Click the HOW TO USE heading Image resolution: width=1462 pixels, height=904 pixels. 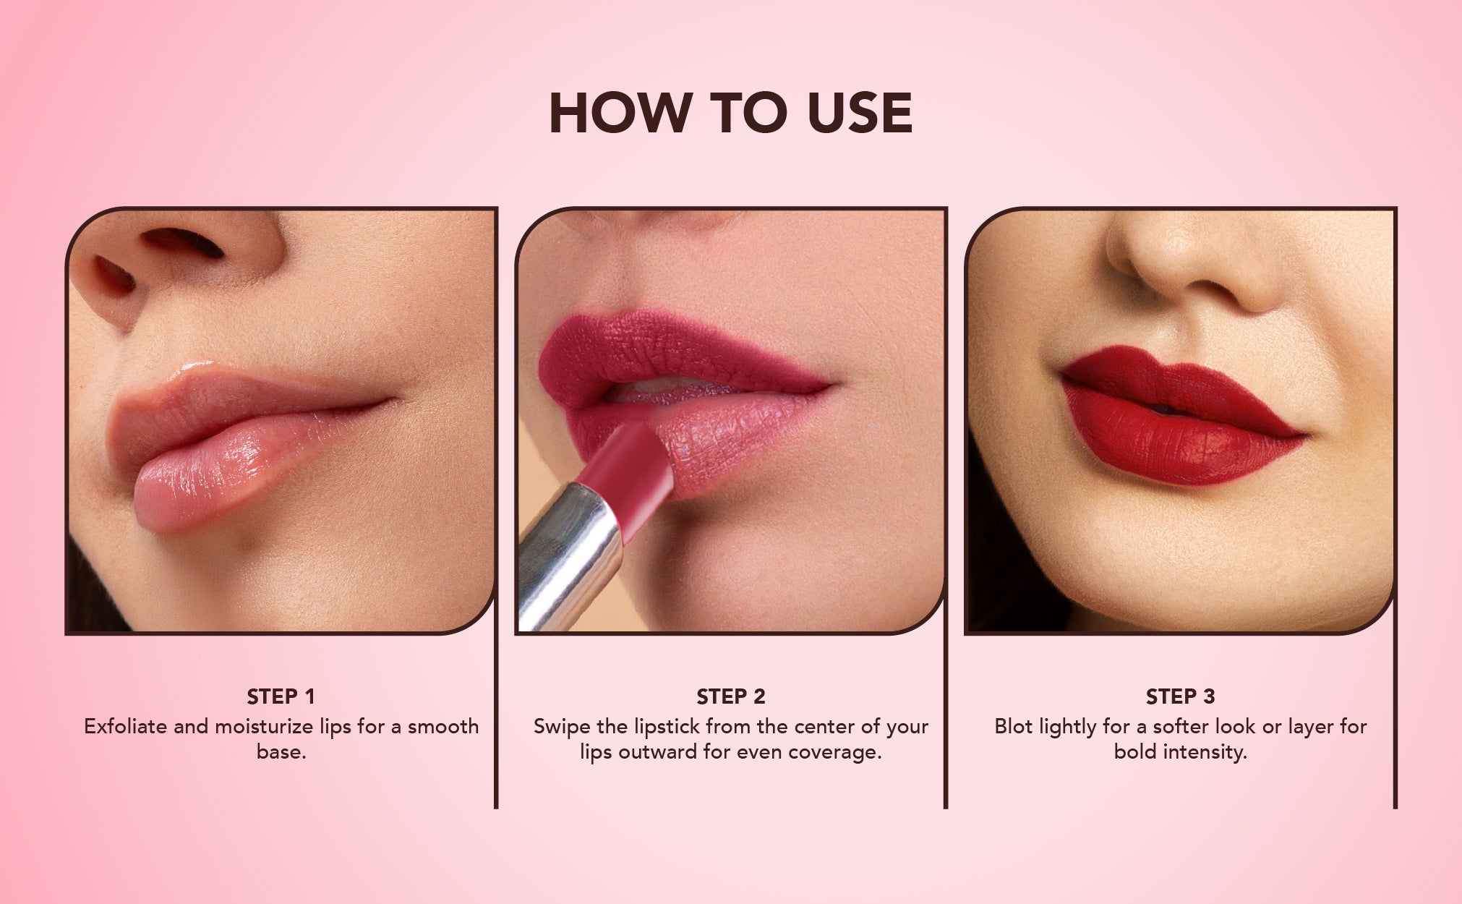click(x=731, y=113)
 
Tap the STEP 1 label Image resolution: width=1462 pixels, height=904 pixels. click(x=281, y=696)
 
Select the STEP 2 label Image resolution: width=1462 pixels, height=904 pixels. click(x=731, y=696)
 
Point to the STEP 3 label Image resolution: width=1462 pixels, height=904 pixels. click(x=1181, y=696)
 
